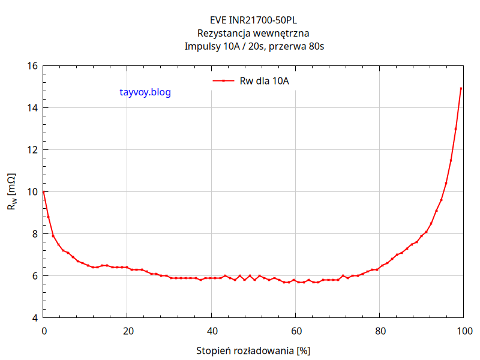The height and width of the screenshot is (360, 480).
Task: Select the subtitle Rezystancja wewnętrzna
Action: coord(253,34)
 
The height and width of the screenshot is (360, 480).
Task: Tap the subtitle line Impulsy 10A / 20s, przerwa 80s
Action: coord(253,46)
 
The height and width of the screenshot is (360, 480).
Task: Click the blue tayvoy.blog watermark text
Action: coord(145,92)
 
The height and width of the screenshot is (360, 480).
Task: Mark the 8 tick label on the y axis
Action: coord(34,234)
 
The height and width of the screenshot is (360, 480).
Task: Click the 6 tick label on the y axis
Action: coord(34,276)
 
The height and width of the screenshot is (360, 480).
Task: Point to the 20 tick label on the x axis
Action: coord(127,331)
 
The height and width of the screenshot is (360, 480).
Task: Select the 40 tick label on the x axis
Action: coord(211,331)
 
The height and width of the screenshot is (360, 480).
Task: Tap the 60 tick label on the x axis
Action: coord(295,331)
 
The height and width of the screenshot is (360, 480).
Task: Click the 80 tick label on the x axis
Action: coord(379,331)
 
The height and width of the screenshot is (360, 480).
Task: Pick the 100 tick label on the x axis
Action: coord(463,331)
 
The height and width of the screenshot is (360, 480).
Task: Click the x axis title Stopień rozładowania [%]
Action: coord(253,350)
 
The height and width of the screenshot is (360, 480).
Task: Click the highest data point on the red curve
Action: coord(461,89)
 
